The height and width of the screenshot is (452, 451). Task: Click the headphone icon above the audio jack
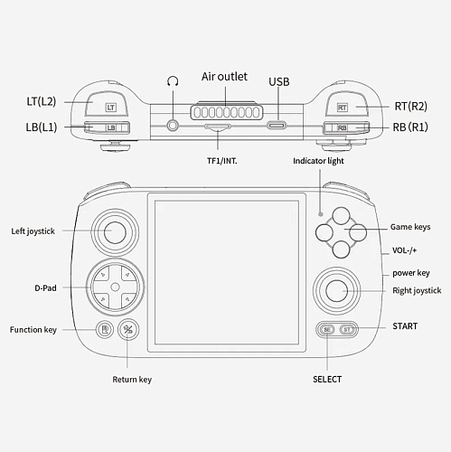pos(173,81)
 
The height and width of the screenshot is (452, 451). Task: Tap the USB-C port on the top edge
pos(277,125)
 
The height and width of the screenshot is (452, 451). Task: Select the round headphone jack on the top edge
pos(173,125)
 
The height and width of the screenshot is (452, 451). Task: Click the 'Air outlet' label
pos(224,77)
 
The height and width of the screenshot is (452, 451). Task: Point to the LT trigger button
pos(107,104)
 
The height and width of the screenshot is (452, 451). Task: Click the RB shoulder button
pos(346,127)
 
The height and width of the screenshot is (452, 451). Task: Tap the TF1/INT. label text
pos(222,161)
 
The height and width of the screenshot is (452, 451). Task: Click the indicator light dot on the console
pos(321,214)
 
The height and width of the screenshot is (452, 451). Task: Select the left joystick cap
pos(115,232)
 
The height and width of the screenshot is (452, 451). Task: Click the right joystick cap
pos(337,291)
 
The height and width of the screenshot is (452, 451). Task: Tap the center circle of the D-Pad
pos(115,287)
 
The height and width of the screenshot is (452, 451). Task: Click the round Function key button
pos(105,329)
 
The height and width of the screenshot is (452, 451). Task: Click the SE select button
pos(327,330)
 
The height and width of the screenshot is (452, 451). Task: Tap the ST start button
pos(347,330)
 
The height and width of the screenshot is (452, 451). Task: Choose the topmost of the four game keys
pos(341,216)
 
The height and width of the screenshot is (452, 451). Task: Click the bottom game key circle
pos(341,250)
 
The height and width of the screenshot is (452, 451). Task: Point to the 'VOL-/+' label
pos(404,250)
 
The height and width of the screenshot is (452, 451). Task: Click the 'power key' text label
pos(411,273)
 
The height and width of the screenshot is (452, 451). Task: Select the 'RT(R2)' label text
pos(411,106)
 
